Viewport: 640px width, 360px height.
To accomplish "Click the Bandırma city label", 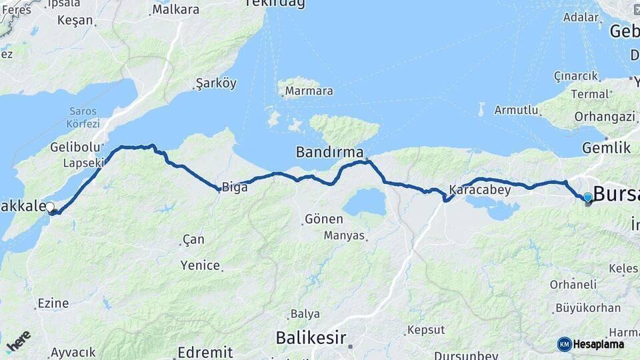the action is (329, 153).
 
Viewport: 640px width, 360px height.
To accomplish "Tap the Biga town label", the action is (235, 187).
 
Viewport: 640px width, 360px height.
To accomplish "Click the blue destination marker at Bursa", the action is (587, 197).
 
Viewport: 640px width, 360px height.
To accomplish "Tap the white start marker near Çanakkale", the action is (50, 207).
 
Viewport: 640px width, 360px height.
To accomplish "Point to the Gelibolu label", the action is (75, 147).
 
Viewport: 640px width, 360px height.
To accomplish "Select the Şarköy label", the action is (216, 84).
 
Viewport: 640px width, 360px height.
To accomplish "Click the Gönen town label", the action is (324, 219).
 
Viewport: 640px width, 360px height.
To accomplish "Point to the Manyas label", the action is (345, 235).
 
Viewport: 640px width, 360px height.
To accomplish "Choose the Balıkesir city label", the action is (311, 338).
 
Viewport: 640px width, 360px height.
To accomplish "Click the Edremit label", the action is (205, 352).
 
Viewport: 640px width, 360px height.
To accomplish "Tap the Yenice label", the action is (200, 265).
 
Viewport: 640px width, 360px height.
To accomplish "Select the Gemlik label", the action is (606, 148).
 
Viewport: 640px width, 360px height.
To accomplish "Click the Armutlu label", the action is (516, 110).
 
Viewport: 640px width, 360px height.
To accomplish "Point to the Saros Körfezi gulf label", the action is (83, 117).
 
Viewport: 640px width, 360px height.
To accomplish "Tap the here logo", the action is (19, 341).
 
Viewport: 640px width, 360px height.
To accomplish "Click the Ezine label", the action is (53, 303).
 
